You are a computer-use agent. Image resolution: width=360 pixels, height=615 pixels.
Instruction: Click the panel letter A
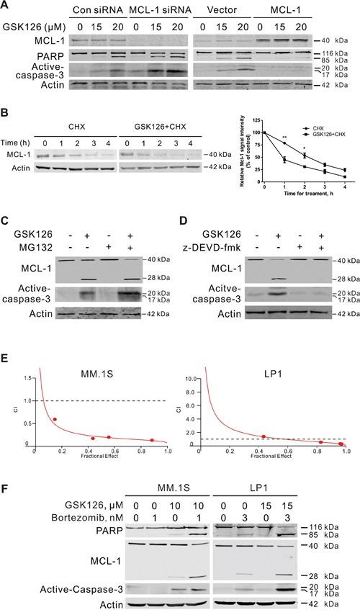(6, 7)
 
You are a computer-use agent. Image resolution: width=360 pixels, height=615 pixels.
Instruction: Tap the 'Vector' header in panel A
(216, 13)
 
